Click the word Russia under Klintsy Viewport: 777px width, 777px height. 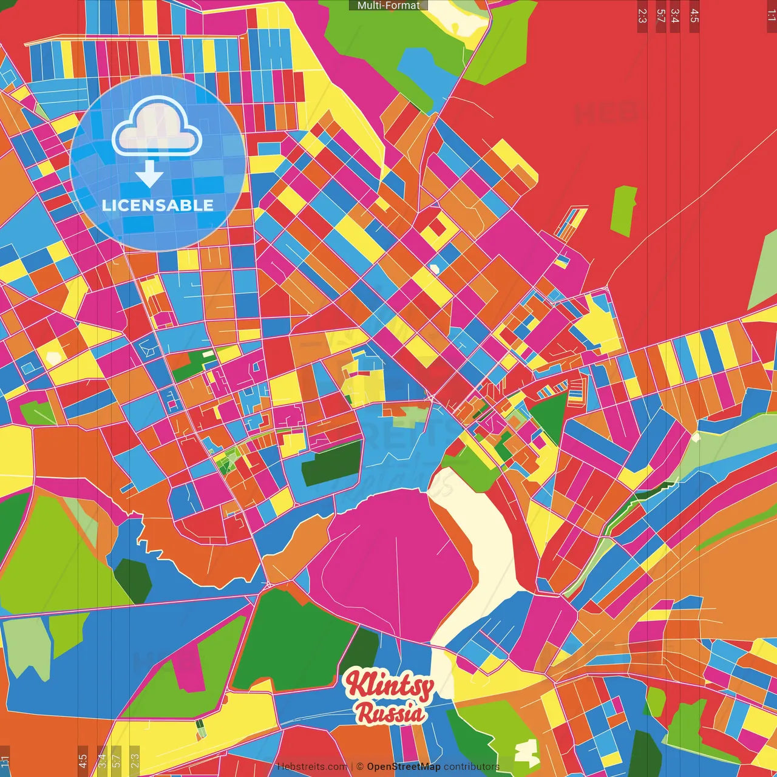tap(390, 713)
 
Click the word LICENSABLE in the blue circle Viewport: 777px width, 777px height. tap(157, 205)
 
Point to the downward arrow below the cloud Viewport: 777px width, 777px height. tap(149, 174)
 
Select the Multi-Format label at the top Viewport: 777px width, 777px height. tap(388, 5)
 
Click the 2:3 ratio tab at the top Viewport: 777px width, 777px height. tap(642, 16)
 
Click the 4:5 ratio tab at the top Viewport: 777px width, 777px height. tap(694, 16)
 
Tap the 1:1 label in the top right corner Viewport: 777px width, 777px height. tap(771, 16)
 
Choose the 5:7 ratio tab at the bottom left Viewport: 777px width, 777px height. tap(117, 760)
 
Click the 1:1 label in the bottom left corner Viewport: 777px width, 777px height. tap(5, 760)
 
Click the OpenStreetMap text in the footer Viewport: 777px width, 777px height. tap(403, 767)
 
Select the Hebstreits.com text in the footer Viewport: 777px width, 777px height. tap(312, 767)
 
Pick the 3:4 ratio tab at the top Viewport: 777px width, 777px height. tap(674, 16)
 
